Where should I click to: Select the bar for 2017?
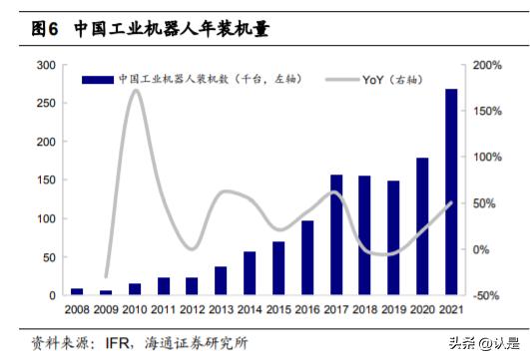(x=336, y=235)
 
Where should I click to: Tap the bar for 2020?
(x=422, y=226)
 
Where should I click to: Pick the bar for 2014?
(x=250, y=273)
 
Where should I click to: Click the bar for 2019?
(x=393, y=237)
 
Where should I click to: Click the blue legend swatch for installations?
(x=96, y=78)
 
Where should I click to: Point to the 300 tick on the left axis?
(x=45, y=65)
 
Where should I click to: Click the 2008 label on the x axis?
(x=77, y=309)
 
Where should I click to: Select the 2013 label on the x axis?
(x=221, y=309)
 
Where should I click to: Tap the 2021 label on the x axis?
(x=451, y=309)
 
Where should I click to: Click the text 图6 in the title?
(x=46, y=30)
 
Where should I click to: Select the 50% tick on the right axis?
(x=484, y=203)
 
